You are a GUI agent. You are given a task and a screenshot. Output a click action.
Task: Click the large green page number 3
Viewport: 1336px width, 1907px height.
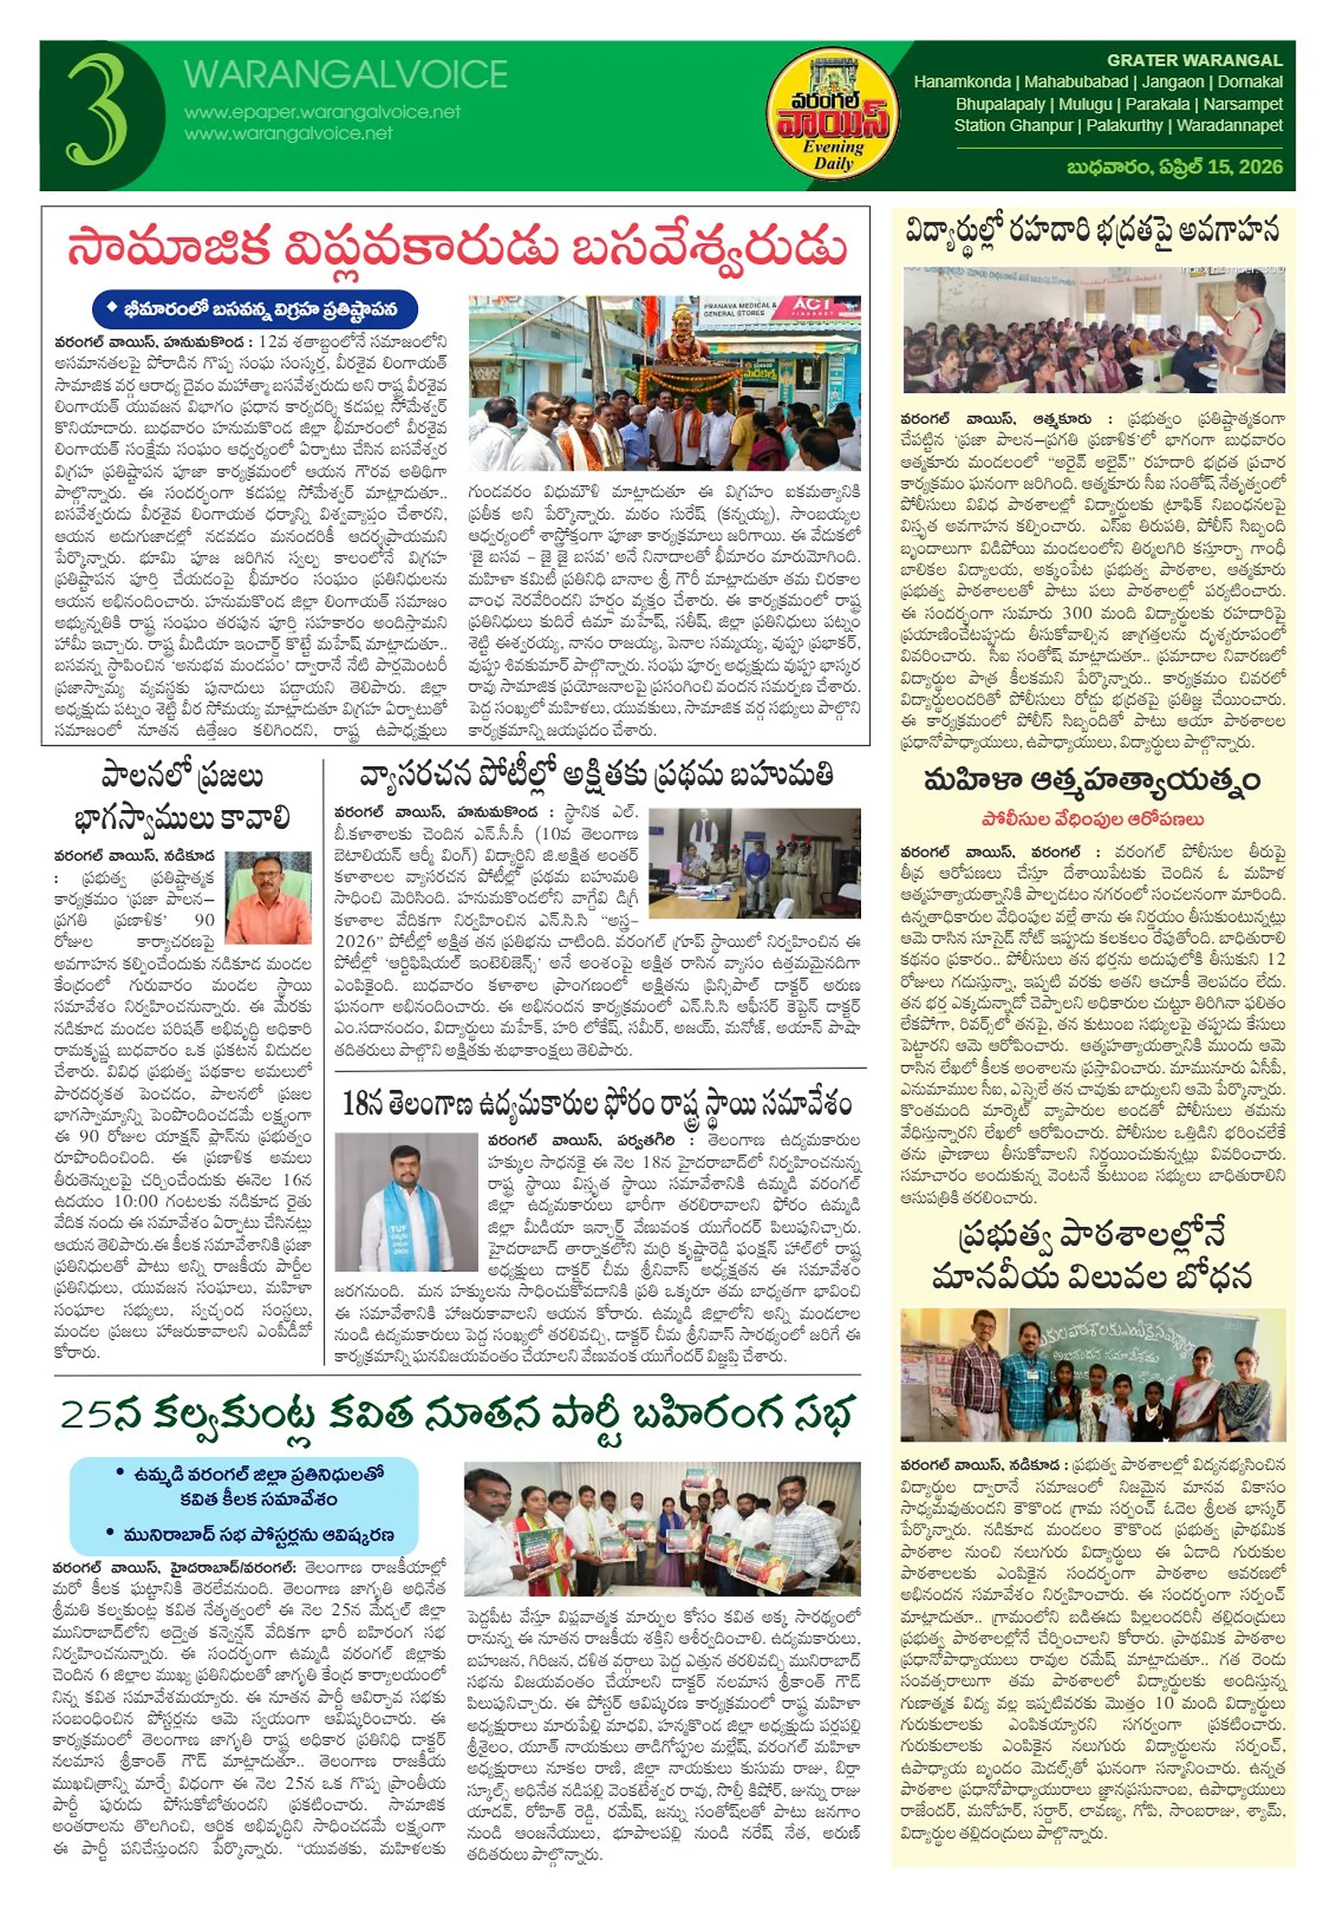(x=97, y=110)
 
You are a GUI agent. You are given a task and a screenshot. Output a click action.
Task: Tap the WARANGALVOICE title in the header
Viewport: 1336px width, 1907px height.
(x=345, y=75)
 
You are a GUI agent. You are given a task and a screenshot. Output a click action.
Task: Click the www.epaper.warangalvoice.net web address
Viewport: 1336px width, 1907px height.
(x=322, y=112)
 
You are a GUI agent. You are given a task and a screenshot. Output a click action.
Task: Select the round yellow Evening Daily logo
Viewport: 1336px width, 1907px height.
(x=832, y=114)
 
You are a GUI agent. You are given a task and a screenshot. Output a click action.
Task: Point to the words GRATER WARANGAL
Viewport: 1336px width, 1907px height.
(x=1194, y=60)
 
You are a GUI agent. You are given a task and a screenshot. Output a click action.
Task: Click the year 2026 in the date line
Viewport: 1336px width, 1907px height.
(x=1260, y=167)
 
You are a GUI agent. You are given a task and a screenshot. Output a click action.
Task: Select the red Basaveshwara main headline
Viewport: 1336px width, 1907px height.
(x=457, y=248)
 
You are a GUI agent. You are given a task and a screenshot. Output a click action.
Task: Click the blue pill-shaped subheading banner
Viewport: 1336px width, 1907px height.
(x=255, y=308)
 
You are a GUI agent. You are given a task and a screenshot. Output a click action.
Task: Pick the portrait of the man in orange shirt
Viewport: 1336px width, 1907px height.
(x=268, y=897)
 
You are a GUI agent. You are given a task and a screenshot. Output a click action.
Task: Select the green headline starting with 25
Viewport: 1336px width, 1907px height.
(x=457, y=1415)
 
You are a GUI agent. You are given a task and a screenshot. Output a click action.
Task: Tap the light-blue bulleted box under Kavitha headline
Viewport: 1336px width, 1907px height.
(x=244, y=1505)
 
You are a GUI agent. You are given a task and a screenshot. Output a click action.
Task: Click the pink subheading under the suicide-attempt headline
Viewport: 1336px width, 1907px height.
(x=1092, y=820)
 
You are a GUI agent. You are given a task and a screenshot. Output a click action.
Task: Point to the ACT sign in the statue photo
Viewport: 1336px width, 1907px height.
(x=812, y=305)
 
